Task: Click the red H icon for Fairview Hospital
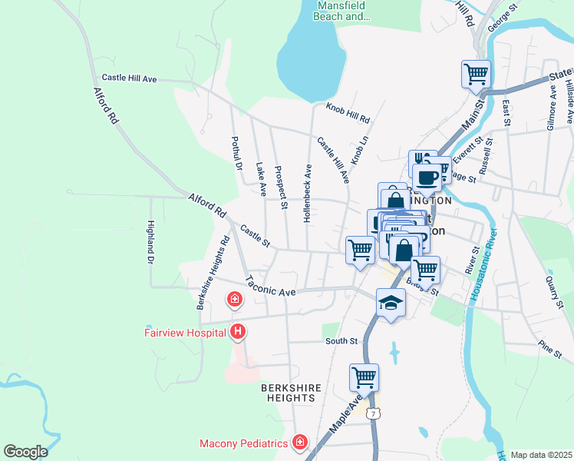tap(239, 332)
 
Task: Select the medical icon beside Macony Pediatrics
tap(299, 443)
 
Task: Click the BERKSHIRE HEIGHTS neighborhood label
tap(291, 393)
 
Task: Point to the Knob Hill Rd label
tap(348, 114)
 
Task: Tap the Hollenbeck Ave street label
tap(308, 193)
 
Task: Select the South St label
tap(341, 340)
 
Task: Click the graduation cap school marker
tap(391, 301)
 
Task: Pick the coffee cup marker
tap(427, 177)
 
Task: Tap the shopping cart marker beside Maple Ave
tap(364, 377)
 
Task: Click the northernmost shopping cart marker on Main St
tap(476, 75)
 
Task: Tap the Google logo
tap(25, 451)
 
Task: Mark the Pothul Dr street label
tap(237, 154)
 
